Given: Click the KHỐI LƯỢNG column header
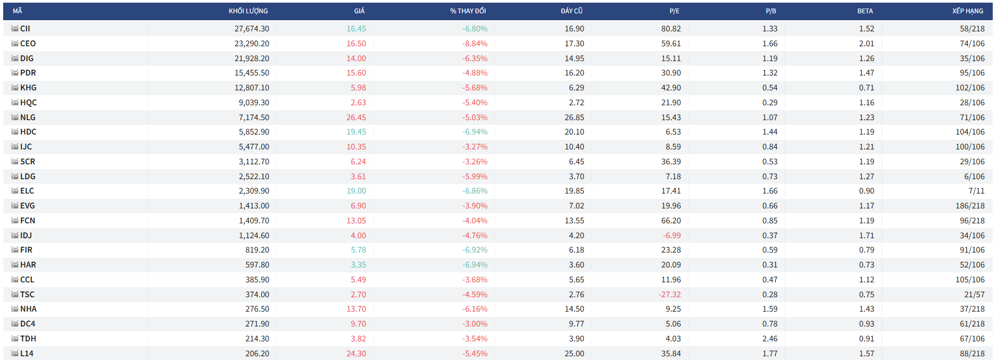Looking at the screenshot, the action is (248, 11).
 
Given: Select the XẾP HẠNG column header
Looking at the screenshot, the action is (968, 11).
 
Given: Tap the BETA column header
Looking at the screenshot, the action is (865, 11).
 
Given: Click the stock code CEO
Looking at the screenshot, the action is (28, 44).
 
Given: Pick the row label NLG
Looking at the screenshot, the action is (28, 118).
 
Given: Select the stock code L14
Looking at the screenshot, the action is (27, 354).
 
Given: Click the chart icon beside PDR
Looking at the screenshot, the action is (15, 73).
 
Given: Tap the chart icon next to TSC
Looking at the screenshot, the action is (15, 294).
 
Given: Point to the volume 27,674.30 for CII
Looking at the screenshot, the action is (252, 29).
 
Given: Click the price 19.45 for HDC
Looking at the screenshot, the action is (356, 132).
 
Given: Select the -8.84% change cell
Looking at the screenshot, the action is (475, 44).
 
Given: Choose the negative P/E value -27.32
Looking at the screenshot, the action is (669, 295).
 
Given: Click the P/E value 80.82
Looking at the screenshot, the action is (671, 29).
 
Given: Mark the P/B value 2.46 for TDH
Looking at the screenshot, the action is (770, 339).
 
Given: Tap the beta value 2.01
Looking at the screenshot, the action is (867, 44).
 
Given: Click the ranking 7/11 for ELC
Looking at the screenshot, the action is (976, 191).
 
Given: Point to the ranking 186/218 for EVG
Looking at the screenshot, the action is (970, 206).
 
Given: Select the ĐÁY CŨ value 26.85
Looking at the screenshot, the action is (574, 118).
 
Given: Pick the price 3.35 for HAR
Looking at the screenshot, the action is (358, 265).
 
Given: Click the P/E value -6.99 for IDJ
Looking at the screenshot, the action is (671, 236).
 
